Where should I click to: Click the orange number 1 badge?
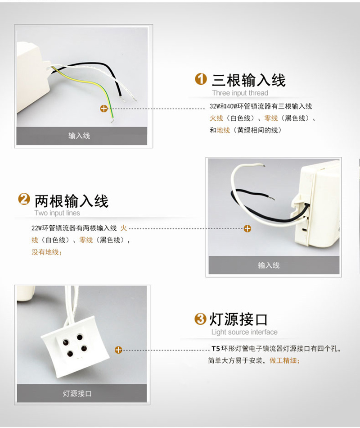[x=201, y=79]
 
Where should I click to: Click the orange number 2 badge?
[x=24, y=199]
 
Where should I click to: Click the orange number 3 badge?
[x=200, y=319]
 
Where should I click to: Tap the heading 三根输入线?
[x=249, y=80]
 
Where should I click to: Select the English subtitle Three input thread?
[x=240, y=93]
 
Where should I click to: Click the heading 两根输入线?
[x=72, y=201]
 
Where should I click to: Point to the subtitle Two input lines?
[x=57, y=213]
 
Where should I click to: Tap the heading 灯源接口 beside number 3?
[x=238, y=319]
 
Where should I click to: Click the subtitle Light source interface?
[x=244, y=332]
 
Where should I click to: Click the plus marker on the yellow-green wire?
[x=103, y=109]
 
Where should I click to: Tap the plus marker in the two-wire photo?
[x=247, y=228]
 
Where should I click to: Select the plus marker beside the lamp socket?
[x=118, y=350]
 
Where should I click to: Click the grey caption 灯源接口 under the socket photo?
[x=77, y=393]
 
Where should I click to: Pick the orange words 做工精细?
[x=283, y=360]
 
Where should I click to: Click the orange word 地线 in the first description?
[x=223, y=131]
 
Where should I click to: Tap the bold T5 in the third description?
[x=216, y=349]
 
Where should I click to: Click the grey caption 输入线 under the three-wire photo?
[x=79, y=136]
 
